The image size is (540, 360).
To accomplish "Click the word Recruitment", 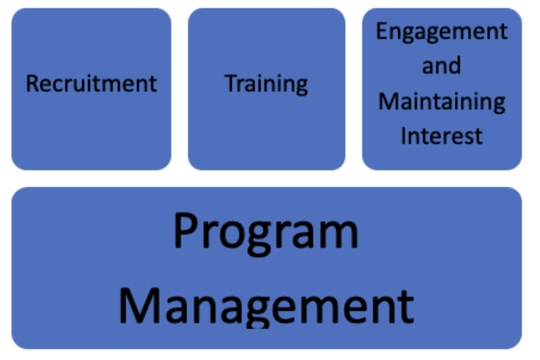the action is [x=91, y=83].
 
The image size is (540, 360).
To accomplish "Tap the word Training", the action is [x=266, y=84].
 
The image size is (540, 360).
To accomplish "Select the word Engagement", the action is [x=442, y=32].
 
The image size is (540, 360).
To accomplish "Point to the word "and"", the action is [x=441, y=65].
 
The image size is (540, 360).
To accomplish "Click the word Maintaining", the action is [x=442, y=102].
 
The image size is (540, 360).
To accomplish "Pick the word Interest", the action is [x=441, y=136].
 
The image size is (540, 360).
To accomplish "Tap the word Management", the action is [x=266, y=307].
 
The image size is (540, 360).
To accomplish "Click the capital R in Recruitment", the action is [x=33, y=84].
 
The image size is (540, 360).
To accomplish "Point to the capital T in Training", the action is [x=232, y=83].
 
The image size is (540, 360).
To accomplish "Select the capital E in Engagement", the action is [x=381, y=31].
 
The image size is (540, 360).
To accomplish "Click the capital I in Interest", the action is [x=404, y=136].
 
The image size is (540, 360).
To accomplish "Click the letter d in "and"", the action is [x=454, y=65].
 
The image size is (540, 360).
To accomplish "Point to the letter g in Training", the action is [x=301, y=87].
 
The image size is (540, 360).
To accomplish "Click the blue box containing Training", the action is [x=267, y=89].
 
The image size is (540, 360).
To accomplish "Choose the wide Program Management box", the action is [x=267, y=268].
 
